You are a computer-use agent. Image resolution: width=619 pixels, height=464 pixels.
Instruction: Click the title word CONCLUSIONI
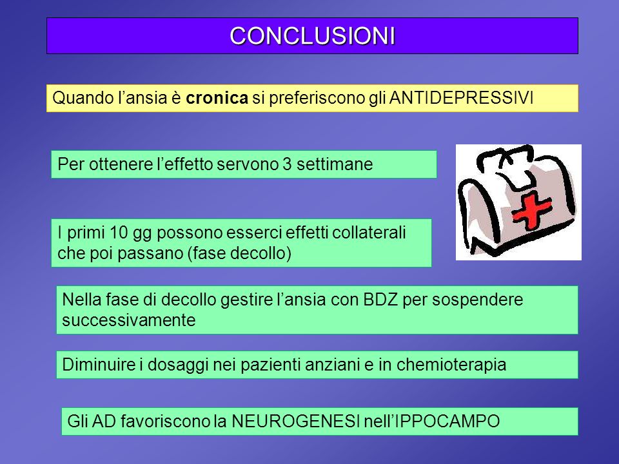click(312, 36)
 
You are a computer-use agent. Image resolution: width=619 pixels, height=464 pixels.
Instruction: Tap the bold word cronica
click(217, 98)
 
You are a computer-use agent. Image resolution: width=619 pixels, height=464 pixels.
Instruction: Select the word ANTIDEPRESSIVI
click(461, 98)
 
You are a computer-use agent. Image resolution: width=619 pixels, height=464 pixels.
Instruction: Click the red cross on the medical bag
click(531, 211)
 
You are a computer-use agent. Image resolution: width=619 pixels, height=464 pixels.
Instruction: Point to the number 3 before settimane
click(287, 164)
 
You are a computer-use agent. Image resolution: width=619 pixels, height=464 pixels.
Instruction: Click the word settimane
click(335, 164)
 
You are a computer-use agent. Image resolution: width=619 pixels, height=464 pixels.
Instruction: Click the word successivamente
click(129, 320)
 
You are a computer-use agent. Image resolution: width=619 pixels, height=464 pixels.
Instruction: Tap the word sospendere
click(477, 300)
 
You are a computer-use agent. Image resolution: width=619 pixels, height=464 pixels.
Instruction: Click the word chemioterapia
click(451, 365)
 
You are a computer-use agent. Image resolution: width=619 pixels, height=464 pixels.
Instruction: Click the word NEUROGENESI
click(295, 421)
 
